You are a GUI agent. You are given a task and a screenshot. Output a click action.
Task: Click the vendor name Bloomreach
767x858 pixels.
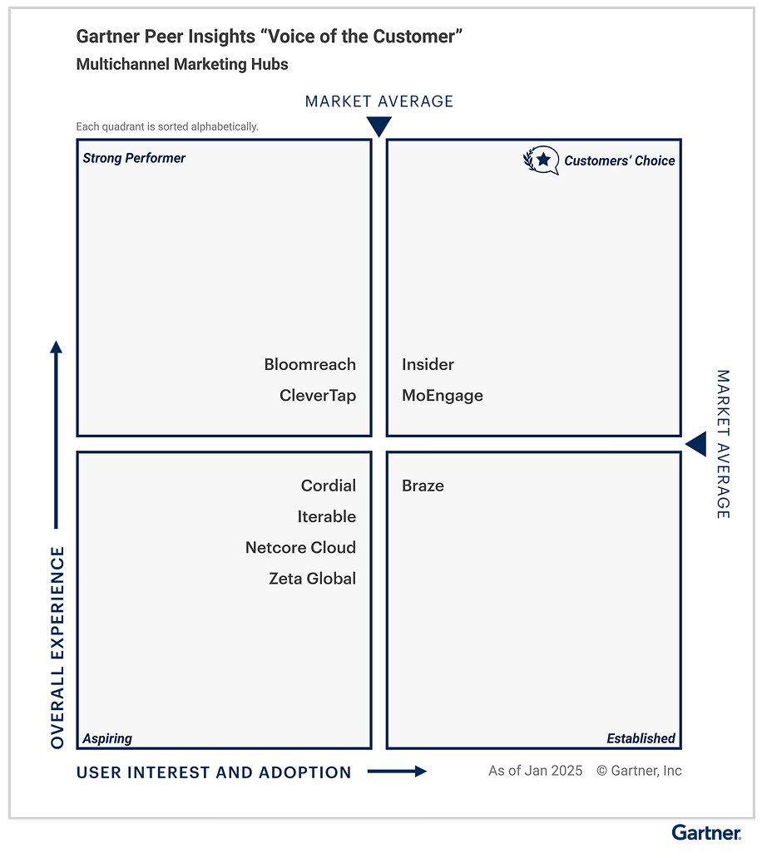309,364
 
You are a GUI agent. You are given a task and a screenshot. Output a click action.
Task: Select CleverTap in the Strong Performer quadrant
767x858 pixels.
317,396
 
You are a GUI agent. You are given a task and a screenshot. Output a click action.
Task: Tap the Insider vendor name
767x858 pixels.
428,364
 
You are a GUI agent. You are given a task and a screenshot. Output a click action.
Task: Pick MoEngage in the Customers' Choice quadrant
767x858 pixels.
442,396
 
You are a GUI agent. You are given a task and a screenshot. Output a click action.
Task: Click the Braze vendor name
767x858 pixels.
423,486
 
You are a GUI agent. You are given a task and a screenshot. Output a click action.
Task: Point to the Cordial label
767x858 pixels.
328,486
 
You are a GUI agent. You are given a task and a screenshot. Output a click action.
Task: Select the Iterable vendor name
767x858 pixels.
326,516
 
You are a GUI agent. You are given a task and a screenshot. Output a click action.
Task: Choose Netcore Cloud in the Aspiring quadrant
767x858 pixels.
300,547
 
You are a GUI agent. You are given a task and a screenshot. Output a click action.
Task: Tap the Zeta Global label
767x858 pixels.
312,579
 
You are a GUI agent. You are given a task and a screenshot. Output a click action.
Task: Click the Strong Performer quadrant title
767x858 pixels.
134,158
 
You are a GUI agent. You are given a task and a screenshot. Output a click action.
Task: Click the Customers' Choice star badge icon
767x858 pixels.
542,160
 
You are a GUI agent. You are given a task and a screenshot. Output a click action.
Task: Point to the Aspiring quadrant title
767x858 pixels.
107,738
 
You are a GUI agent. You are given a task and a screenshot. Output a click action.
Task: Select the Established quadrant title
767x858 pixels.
641,738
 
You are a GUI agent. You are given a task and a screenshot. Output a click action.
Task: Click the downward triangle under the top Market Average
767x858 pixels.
379,126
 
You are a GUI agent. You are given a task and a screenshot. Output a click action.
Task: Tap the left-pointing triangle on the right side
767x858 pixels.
696,444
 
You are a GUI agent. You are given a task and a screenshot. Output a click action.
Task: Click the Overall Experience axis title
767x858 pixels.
57,647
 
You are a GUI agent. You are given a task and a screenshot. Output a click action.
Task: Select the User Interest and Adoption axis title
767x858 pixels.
214,772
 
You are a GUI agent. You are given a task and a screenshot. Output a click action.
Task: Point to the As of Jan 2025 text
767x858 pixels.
535,771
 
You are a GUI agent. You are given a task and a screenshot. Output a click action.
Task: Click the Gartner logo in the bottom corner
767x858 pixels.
705,832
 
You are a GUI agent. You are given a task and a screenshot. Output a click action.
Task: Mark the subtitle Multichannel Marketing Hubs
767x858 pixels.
182,64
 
